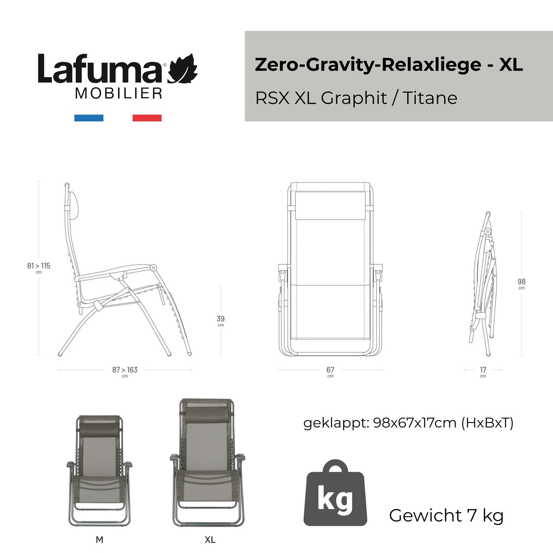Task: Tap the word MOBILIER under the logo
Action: pos(119,94)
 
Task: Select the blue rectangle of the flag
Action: pos(89,118)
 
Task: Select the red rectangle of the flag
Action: pos(147,118)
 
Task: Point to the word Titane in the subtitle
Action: pos(430,98)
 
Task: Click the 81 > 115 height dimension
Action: pos(39,266)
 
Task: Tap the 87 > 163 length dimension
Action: pos(125,370)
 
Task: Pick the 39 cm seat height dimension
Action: pos(221,319)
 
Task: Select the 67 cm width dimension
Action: pos(330,370)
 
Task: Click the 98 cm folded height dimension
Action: pos(521,282)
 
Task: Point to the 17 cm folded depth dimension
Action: pos(483,370)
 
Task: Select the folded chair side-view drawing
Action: pos(484,283)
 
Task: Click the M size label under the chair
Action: pos(99,540)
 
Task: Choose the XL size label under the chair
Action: pos(210,540)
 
